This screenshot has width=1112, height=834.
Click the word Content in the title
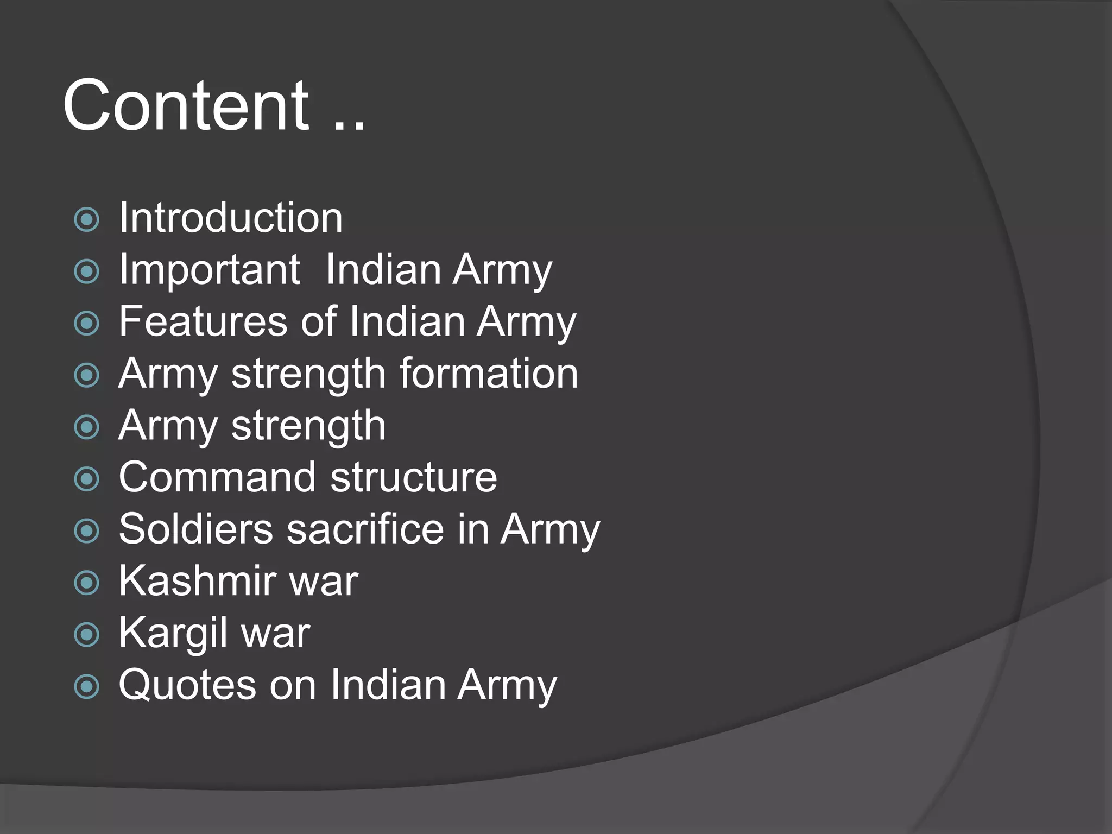coord(186,105)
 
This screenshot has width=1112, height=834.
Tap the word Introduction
coord(231,218)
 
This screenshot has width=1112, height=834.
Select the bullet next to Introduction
coord(87,220)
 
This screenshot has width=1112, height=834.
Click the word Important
coord(209,270)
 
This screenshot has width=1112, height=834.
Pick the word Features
coord(202,321)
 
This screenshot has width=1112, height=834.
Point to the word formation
coord(489,374)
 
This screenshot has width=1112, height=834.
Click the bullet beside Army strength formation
coord(87,376)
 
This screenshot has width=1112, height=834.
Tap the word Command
coord(217,477)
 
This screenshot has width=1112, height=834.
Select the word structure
coord(414,477)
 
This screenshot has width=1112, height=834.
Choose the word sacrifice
coord(365,529)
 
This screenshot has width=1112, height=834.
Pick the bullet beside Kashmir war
coord(87,583)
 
